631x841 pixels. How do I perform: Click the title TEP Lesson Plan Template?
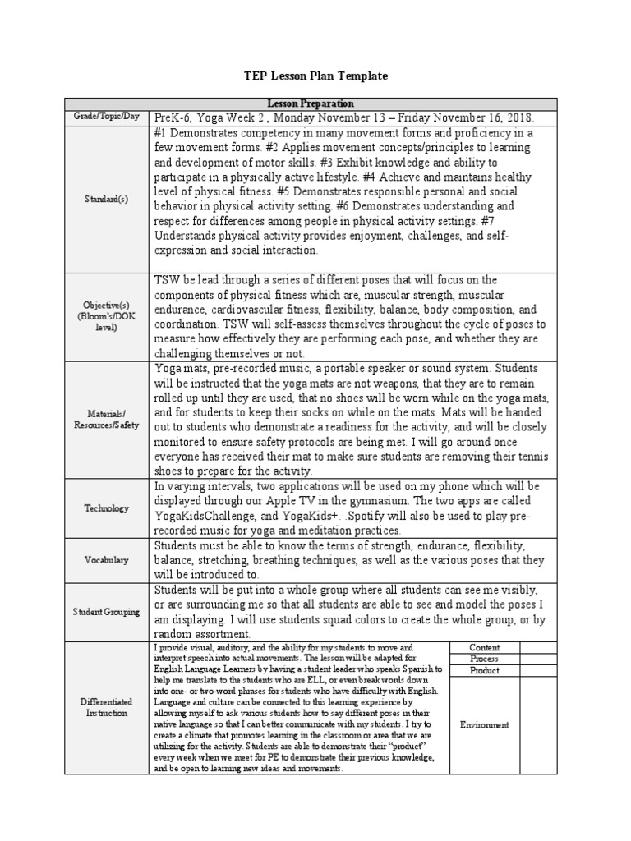(315, 76)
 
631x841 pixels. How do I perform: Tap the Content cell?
(484, 648)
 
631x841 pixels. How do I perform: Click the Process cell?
(484, 659)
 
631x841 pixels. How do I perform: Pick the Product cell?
(484, 671)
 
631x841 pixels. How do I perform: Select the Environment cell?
(484, 724)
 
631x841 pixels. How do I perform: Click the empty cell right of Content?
(538, 648)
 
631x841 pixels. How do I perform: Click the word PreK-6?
(173, 117)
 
